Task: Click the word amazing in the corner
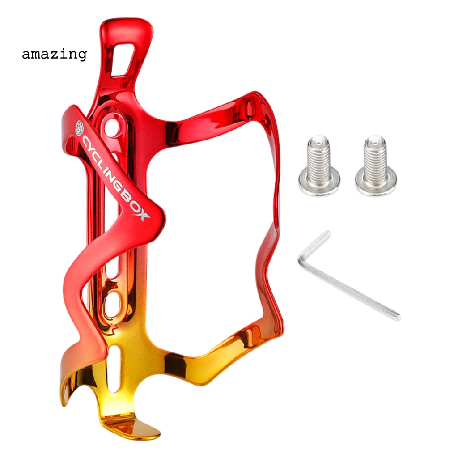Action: [x=54, y=54]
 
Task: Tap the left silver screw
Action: [x=319, y=165]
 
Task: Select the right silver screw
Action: [x=376, y=165]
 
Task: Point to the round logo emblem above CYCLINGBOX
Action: [x=80, y=127]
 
